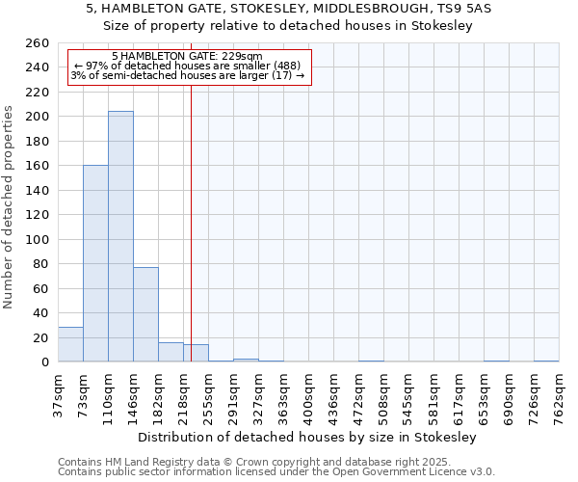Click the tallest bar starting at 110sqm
point(120,236)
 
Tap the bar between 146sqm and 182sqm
point(145,314)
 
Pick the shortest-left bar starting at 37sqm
point(70,345)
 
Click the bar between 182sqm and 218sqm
point(171,352)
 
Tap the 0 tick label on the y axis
point(44,362)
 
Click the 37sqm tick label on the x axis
point(58,392)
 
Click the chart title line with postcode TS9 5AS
point(289,9)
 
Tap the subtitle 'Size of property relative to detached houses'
point(289,26)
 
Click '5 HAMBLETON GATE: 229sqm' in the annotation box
point(187,57)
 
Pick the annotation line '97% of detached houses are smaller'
point(188,67)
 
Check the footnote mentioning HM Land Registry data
point(255,462)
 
